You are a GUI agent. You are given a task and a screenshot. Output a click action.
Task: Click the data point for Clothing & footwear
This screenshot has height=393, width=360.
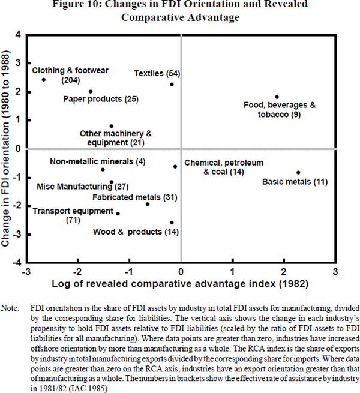coord(44,80)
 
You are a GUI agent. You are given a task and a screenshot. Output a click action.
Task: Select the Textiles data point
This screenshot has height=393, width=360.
coord(172,84)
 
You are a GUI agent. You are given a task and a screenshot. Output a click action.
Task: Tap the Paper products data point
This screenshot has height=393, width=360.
coord(91,92)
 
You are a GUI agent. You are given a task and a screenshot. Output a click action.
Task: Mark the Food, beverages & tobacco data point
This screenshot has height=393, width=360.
coord(277,97)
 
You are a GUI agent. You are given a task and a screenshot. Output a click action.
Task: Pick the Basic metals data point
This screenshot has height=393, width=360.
coord(298,173)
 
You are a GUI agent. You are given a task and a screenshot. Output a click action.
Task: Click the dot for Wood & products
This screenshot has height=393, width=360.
coord(172,223)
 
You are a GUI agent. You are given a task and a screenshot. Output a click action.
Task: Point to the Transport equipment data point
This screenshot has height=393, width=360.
coord(118,214)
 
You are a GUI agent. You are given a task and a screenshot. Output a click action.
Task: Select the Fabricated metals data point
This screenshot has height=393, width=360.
coord(148,204)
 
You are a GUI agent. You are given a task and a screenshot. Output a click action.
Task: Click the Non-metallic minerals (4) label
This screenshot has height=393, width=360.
coord(97,161)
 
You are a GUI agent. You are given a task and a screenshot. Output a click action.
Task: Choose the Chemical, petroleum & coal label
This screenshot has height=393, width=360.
coord(223,167)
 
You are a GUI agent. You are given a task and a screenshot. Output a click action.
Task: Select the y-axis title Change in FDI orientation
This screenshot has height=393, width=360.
coord(8,148)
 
